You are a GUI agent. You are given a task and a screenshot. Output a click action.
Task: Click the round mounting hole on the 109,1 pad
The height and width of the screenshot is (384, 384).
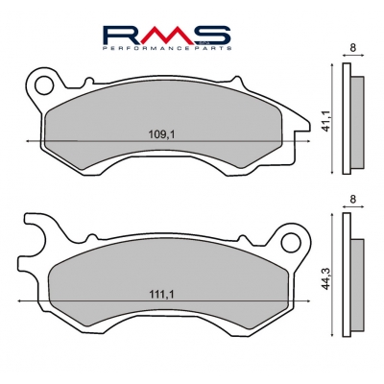click(41, 84)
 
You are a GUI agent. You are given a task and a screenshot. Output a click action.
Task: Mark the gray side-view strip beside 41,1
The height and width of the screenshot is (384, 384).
click(358, 120)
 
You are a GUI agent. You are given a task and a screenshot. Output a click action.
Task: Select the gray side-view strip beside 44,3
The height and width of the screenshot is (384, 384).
click(358, 278)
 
